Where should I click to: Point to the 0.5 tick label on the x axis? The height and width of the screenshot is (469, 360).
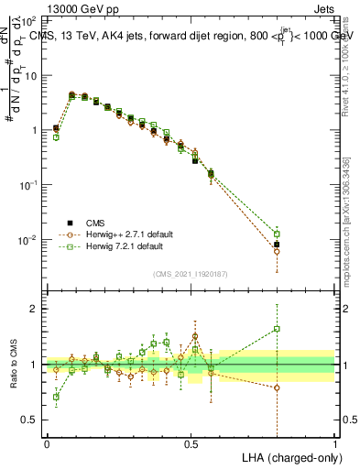tap(191, 442)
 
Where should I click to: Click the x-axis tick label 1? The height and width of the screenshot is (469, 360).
tap(334, 442)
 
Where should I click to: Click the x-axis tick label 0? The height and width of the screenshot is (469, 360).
tap(47, 442)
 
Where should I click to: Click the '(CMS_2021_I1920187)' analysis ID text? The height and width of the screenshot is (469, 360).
tap(191, 274)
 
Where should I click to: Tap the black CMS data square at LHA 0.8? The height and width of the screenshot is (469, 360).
tap(277, 245)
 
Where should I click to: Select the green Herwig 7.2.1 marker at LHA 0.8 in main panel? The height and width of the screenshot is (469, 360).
tap(277, 234)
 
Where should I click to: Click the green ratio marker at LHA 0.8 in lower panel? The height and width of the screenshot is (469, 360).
tap(277, 329)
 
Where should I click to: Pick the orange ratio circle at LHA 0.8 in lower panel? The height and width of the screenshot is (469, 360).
tap(277, 387)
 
